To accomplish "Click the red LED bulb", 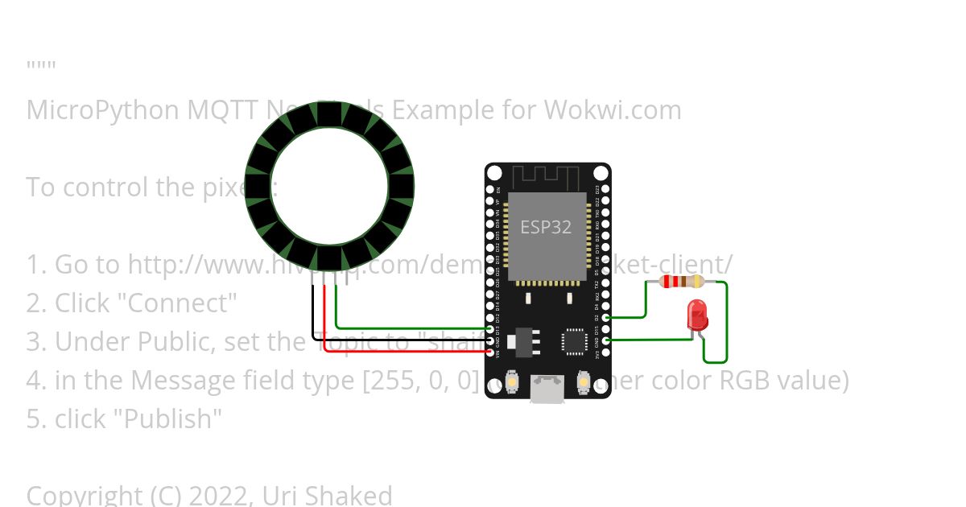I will tap(697, 314).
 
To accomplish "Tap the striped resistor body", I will tap(681, 282).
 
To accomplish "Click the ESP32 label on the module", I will tap(546, 227).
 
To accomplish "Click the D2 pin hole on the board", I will tap(605, 318).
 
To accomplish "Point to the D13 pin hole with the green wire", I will tap(489, 329).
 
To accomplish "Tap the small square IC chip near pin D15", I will tap(576, 340).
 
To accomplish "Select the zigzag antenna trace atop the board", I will tap(547, 175).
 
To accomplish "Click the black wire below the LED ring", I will tap(314, 314).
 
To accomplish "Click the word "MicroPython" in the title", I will tap(103, 109).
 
